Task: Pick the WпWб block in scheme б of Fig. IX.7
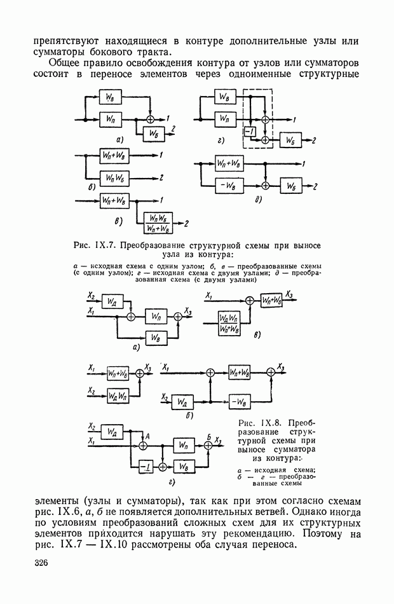[115, 177]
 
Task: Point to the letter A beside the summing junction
[147, 437]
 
